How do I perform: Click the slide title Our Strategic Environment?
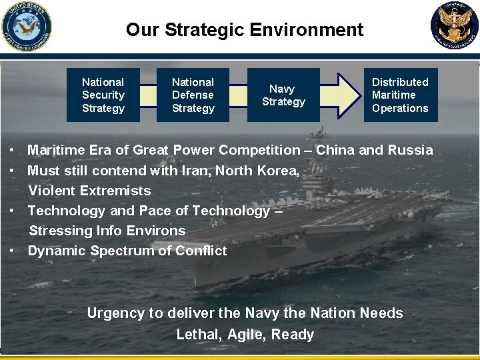tap(245, 30)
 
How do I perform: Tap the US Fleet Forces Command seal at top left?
tap(27, 26)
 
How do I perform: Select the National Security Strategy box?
tap(103, 95)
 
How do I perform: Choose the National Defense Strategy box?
tap(193, 95)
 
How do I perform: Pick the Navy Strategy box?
tap(283, 95)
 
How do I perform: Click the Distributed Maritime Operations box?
tap(400, 95)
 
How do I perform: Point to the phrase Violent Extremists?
tap(90, 191)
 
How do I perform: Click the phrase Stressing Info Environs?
tap(107, 231)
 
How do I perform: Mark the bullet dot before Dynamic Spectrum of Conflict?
tap(13, 251)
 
